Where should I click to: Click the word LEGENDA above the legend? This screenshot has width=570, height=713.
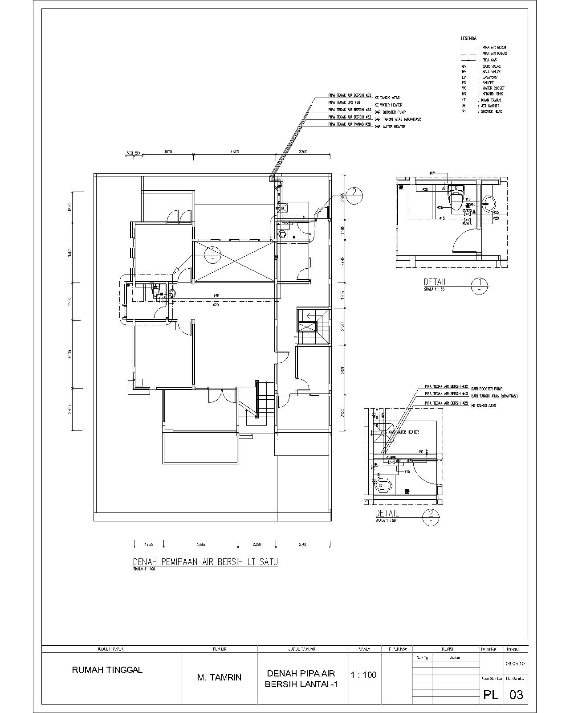click(468, 39)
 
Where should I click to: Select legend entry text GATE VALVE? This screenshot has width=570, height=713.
click(491, 66)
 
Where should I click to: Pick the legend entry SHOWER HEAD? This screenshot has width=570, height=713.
click(491, 111)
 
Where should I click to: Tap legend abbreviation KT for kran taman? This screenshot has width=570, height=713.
click(464, 100)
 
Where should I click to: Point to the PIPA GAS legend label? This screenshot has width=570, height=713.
click(489, 60)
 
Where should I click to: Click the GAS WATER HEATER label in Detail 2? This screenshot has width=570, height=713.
click(403, 432)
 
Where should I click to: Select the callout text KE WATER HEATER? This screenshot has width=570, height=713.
click(388, 105)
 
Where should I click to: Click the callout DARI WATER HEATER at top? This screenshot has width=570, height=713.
click(390, 127)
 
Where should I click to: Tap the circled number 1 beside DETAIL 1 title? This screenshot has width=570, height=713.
click(479, 285)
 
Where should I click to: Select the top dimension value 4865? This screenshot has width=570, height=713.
click(235, 152)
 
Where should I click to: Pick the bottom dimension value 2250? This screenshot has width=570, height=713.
click(256, 545)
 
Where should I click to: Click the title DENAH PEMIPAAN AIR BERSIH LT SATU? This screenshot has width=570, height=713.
click(205, 562)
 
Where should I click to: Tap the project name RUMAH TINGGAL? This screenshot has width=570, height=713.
click(107, 670)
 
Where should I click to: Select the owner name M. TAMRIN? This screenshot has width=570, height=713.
click(219, 677)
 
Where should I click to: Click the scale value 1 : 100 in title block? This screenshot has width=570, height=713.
click(363, 675)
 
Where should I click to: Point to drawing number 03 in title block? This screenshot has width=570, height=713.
click(516, 694)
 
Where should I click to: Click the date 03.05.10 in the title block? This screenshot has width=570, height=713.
click(515, 664)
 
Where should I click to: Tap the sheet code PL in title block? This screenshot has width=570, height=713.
click(491, 694)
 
